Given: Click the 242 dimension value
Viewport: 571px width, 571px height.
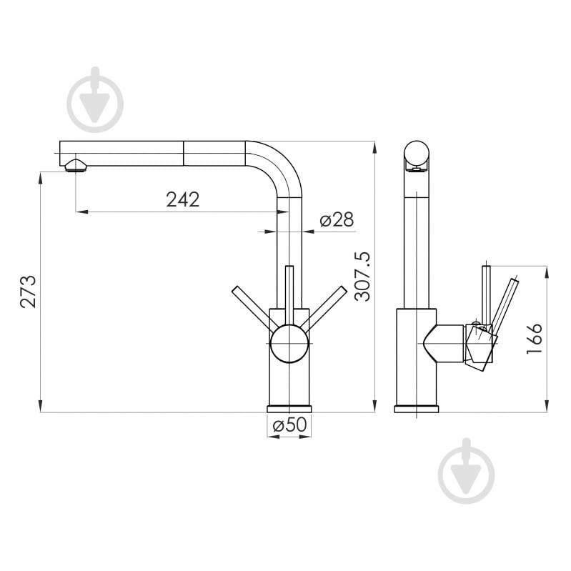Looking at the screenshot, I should click(x=183, y=199).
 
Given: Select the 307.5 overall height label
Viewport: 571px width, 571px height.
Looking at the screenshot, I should click(x=362, y=276).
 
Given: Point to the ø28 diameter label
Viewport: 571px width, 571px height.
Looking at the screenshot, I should click(x=337, y=220).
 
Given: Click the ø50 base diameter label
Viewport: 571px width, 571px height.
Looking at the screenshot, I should click(x=289, y=425).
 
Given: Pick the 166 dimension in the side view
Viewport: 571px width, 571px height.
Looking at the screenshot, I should click(x=533, y=339).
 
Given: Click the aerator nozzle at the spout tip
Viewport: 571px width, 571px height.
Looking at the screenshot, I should click(x=74, y=167).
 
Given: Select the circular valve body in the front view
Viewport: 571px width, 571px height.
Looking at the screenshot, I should click(x=289, y=343).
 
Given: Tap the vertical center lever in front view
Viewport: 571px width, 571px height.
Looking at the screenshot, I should click(x=289, y=293).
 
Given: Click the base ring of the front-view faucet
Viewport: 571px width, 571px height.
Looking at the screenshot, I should click(x=289, y=409).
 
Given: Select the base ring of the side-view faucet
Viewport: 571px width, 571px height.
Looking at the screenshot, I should click(x=417, y=409).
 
